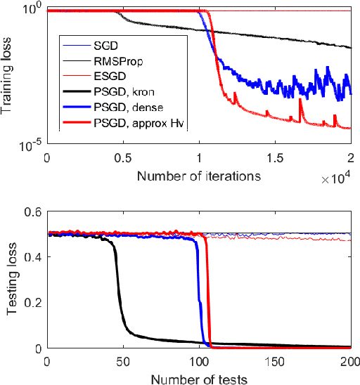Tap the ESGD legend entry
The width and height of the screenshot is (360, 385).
click(x=108, y=77)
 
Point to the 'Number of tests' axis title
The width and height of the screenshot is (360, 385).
click(x=198, y=379)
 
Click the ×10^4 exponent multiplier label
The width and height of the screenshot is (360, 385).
click(x=335, y=179)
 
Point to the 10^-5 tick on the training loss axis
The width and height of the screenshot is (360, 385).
click(x=27, y=146)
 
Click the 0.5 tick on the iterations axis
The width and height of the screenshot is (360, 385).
click(x=122, y=159)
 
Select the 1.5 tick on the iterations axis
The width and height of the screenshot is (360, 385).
click(x=275, y=159)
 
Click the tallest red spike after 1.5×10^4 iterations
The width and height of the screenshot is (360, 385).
click(x=300, y=100)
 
